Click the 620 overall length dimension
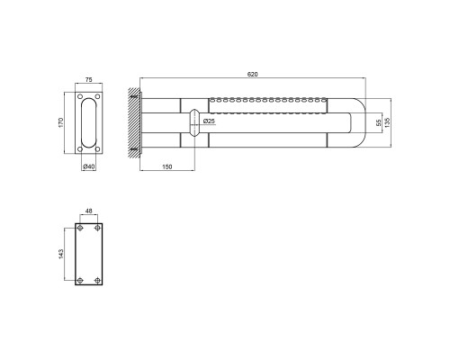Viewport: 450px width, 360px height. [x=252, y=74]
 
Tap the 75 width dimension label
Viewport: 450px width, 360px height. [x=89, y=79]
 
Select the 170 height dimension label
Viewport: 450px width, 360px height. [x=61, y=122]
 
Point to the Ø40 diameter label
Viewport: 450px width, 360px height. [x=89, y=166]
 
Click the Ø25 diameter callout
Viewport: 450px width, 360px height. [x=209, y=121]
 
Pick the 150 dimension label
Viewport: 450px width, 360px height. [x=167, y=166]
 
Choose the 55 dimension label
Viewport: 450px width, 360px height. [x=379, y=122]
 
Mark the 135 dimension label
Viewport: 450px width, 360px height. [x=387, y=122]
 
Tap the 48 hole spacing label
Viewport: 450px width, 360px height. [x=89, y=211]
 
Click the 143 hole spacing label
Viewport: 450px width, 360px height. [x=61, y=254]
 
